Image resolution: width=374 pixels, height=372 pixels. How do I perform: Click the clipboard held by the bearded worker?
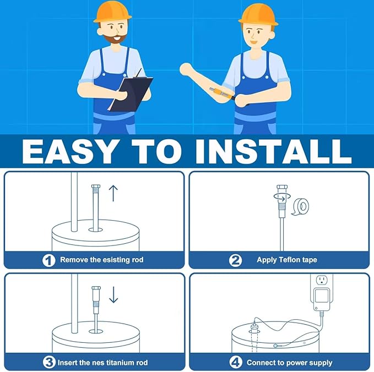pos(131,94)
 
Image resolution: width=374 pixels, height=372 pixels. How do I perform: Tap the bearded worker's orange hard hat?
pos(112,12)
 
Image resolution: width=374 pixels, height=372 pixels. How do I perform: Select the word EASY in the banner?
pos(69,151)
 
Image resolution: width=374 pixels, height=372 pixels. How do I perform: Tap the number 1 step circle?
pos(50,260)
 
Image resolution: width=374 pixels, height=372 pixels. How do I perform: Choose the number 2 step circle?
pos(236,260)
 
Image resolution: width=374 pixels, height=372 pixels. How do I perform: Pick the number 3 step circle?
pos(50,363)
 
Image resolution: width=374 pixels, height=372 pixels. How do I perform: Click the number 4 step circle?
pos(236,363)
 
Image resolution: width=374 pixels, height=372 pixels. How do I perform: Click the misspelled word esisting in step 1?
pos(112,260)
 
